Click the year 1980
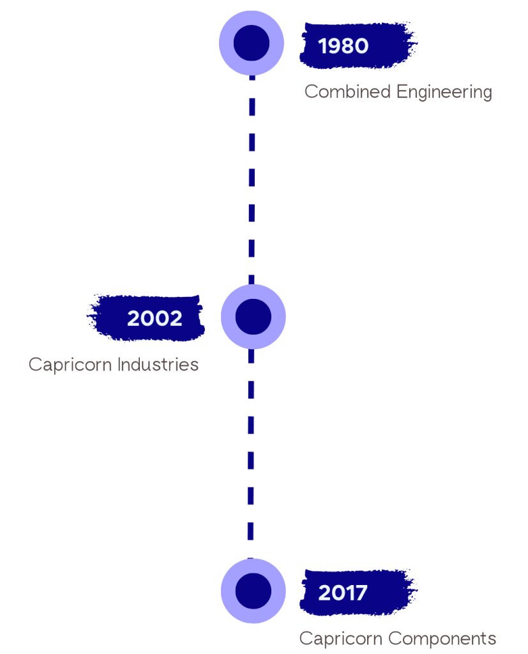coord(343,46)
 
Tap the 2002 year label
coord(155,318)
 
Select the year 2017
coord(343,593)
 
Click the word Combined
coord(347,92)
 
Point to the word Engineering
coord(444,93)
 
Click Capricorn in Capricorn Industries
coord(72,365)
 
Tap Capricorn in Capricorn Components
coord(341,639)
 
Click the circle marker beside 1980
coord(252,43)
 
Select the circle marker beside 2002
coord(253,317)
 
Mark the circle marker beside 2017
coord(253,590)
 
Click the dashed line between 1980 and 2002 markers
coord(252,179)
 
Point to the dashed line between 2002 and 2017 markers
coord(252,447)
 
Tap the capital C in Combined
coord(310,92)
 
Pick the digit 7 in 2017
coord(361,593)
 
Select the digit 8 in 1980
coord(350,46)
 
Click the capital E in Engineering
coord(401,92)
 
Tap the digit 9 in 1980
coord(336,46)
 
